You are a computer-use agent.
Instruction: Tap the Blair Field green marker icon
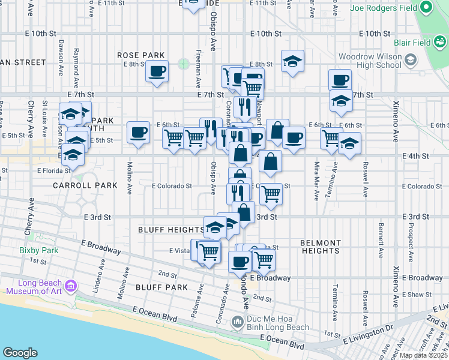pyautogui.click(x=441, y=43)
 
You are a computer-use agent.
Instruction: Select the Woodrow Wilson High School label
pyautogui.click(x=369, y=61)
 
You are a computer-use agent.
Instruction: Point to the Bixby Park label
pyautogui.click(x=37, y=250)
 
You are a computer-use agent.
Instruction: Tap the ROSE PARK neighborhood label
pyautogui.click(x=142, y=55)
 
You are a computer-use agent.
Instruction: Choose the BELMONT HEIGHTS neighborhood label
pyautogui.click(x=321, y=247)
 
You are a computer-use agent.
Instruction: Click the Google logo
pyautogui.click(x=20, y=353)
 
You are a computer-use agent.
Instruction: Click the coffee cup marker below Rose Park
pyautogui.click(x=157, y=71)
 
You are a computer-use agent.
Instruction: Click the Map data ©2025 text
pyautogui.click(x=424, y=355)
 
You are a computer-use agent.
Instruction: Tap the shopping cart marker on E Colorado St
pyautogui.click(x=272, y=193)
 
